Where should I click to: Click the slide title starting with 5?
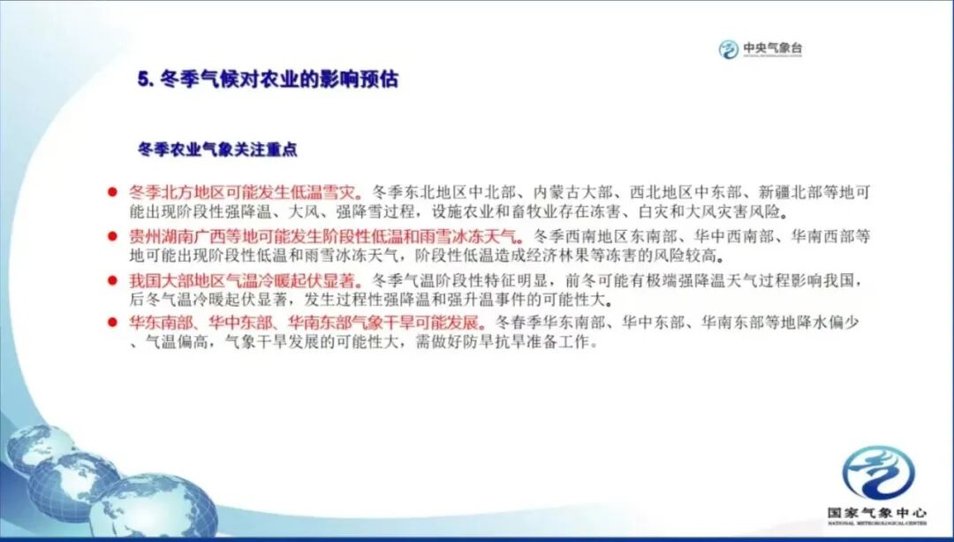tap(268, 80)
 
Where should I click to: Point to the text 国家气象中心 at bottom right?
tap(876, 512)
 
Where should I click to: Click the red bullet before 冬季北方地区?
tap(112, 192)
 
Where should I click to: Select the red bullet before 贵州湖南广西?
tap(112, 236)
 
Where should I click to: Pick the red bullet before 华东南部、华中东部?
tap(112, 322)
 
